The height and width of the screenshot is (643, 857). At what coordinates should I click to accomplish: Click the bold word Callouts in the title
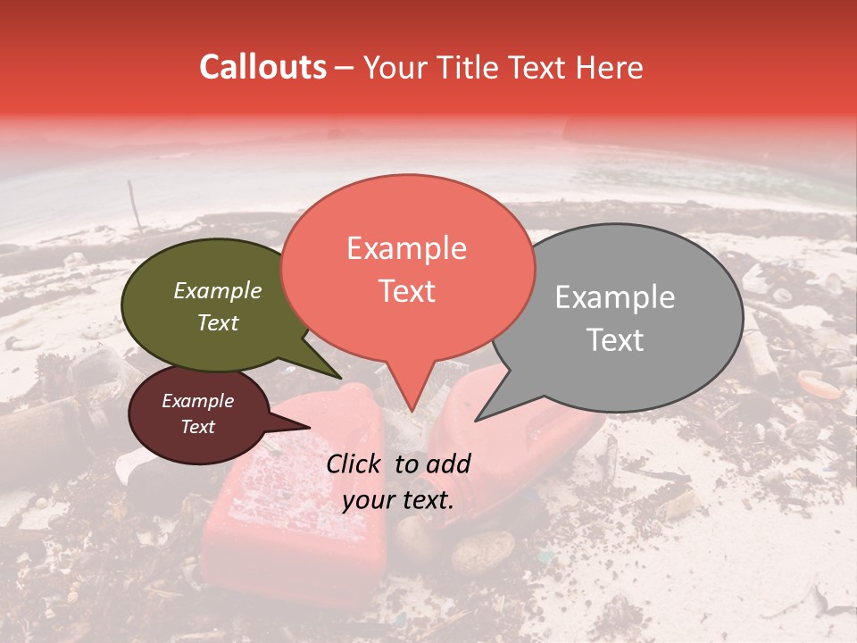262,67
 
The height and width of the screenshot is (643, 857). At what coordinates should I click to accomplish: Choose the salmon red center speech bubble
407,268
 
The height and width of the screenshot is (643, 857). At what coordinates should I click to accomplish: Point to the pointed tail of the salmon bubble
411,402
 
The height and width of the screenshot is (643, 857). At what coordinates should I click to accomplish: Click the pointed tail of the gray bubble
487,413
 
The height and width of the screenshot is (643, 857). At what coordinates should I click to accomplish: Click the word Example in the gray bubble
615,297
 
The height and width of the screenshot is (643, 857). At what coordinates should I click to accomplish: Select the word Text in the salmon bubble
407,291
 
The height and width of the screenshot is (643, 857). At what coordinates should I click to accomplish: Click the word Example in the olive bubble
218,290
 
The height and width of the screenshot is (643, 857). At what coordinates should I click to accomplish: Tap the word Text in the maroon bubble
198,427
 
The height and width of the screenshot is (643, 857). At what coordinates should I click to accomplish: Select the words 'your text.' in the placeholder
398,500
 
